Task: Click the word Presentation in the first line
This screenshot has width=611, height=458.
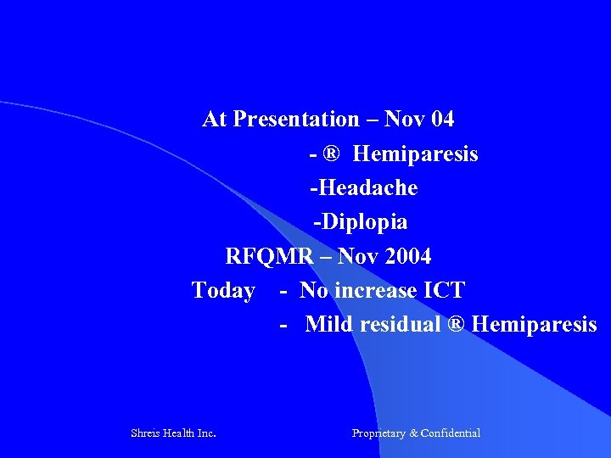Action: (295, 120)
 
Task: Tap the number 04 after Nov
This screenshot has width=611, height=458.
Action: (442, 120)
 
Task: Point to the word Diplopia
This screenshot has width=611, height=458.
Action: (363, 222)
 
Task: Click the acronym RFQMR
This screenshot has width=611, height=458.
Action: (268, 256)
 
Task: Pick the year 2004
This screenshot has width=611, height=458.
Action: (404, 256)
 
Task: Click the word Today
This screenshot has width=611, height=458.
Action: (223, 291)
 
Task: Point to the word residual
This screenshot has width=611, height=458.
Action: (400, 325)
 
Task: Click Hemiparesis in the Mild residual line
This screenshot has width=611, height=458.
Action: (534, 325)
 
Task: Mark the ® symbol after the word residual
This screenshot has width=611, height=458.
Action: (456, 325)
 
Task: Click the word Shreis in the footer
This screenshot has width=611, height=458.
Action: (146, 433)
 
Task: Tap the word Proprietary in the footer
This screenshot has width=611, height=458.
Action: (378, 433)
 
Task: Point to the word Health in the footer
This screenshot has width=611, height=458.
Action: (180, 433)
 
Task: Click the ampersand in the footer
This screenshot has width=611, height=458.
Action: (413, 433)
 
